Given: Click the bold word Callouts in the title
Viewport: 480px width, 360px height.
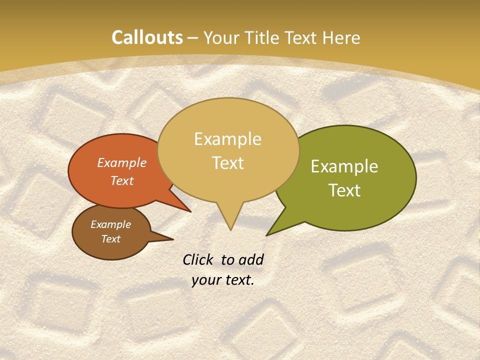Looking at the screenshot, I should tap(147, 37).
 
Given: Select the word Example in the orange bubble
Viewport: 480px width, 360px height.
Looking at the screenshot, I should tap(122, 163).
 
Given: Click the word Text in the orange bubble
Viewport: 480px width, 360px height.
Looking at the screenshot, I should tap(122, 180).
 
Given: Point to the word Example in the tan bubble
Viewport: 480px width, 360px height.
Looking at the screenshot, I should tap(227, 139).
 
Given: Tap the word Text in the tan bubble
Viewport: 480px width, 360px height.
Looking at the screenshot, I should tap(228, 163).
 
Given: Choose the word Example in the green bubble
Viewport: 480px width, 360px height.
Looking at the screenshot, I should tap(344, 166).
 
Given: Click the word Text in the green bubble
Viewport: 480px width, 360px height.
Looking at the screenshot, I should tap(345, 190).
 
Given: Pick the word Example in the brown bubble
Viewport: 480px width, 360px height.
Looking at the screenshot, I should tap(110, 224).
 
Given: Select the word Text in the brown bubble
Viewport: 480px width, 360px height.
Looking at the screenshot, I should tap(110, 239).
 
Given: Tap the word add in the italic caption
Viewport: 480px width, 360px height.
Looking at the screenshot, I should tap(251, 259).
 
